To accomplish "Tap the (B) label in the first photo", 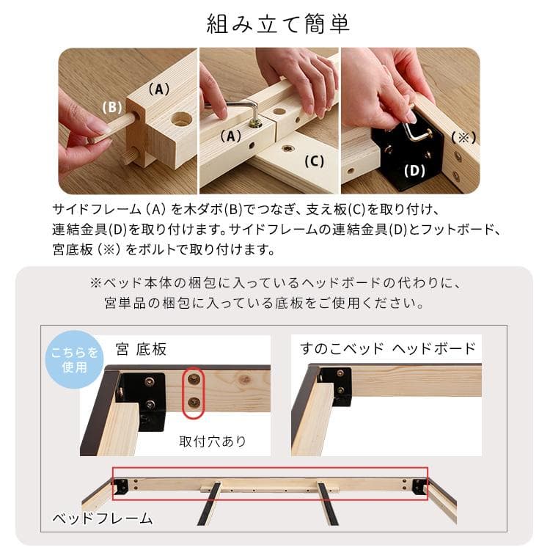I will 112,107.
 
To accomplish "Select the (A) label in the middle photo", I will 230,136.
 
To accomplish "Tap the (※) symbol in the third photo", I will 463,137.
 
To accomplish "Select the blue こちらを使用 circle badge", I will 75,359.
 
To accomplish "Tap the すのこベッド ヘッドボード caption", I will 388,348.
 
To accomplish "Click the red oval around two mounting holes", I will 194,392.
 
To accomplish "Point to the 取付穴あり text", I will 213,441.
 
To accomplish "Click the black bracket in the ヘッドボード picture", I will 341,385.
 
